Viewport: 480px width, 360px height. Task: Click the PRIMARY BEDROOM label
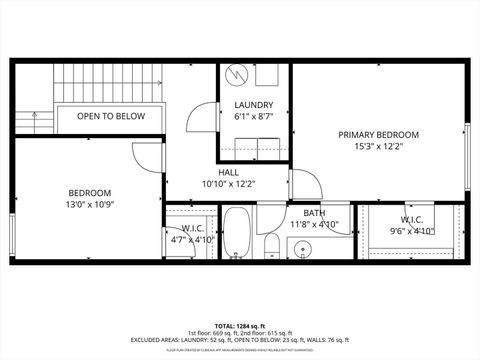378,134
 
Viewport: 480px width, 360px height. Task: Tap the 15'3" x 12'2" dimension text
378,147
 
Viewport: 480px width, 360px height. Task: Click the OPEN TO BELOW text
111,116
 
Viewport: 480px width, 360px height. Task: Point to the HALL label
229,172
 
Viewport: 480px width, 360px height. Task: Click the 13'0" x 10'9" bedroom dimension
90,205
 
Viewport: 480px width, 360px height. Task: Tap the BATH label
314,212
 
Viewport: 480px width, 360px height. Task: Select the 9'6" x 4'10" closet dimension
412,231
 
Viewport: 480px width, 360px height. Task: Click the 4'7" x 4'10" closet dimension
190,240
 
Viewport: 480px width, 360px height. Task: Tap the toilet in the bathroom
271,246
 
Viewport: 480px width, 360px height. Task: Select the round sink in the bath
307,248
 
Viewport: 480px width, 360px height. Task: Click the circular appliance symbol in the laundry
236,75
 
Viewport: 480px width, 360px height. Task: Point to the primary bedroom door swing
304,184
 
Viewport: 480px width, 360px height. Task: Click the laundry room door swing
203,117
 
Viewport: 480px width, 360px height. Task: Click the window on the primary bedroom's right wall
467,156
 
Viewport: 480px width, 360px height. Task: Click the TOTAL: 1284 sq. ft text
240,326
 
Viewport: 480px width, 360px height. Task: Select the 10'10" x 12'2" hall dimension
229,184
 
